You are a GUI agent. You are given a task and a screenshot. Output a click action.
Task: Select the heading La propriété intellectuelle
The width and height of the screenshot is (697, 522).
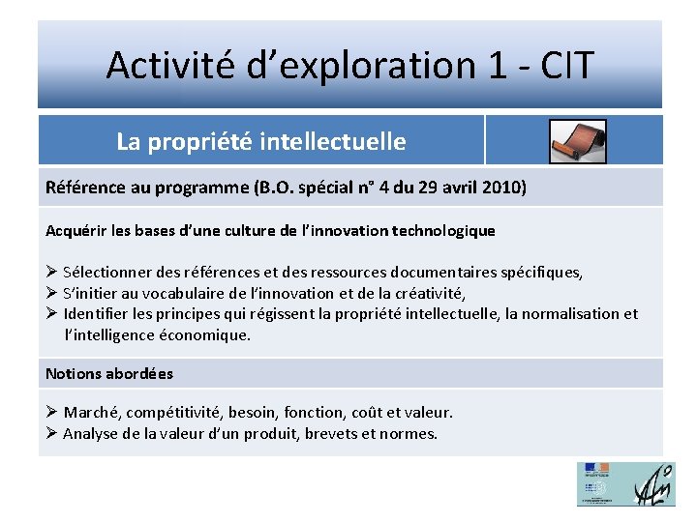tap(260, 142)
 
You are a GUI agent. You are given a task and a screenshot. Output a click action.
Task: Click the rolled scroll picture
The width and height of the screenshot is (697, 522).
tap(577, 141)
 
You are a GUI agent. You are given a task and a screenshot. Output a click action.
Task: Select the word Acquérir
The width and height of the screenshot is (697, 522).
tap(78, 231)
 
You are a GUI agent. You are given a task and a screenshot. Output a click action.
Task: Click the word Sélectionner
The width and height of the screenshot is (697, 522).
tap(109, 273)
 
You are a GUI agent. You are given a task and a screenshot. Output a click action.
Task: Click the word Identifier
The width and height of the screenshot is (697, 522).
tap(99, 313)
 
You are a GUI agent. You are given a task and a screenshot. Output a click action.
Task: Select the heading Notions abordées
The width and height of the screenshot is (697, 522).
tap(109, 373)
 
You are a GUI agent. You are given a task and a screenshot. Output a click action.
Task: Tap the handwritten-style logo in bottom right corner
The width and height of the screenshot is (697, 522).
tap(653, 483)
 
